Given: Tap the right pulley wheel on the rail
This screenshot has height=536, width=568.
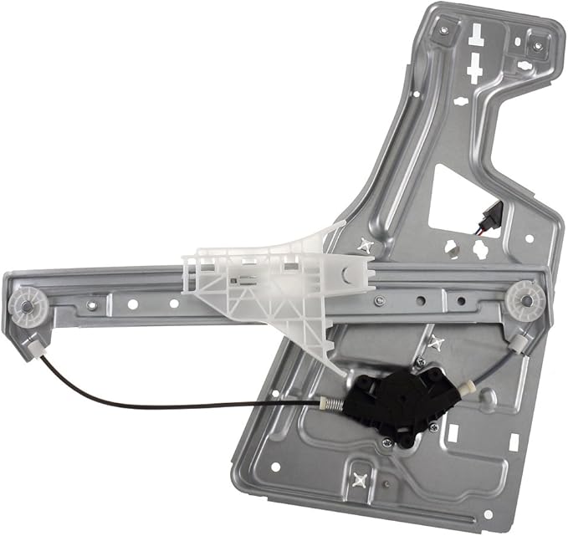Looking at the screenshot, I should pos(525,296).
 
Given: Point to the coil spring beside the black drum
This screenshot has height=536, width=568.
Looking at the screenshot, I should pos(331,405).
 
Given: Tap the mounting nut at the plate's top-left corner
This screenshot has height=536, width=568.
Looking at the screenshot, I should pos(443,30).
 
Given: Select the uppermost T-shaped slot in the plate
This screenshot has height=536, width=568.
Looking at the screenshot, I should pos(476,34).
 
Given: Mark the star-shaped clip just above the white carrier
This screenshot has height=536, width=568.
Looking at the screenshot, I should pos(366,245).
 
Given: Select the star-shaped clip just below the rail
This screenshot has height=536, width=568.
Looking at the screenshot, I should pos(435,343).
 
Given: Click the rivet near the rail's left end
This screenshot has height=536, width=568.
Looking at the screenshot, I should pos(91,305).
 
